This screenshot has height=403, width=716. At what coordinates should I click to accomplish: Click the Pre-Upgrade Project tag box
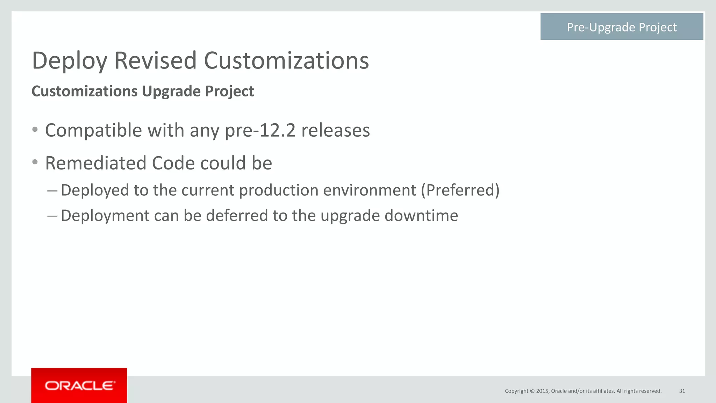pyautogui.click(x=621, y=27)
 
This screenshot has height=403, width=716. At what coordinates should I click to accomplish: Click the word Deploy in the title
pyautogui.click(x=70, y=61)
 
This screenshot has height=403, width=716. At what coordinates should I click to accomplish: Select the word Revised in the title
pyautogui.click(x=156, y=61)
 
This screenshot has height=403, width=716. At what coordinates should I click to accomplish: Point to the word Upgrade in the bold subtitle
pyautogui.click(x=171, y=91)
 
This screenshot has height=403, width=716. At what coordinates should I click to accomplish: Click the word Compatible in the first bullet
pyautogui.click(x=93, y=131)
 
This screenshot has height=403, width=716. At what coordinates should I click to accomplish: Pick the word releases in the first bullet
pyautogui.click(x=335, y=131)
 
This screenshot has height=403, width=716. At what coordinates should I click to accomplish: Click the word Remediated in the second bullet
pyautogui.click(x=95, y=163)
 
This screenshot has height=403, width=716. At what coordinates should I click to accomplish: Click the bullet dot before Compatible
pyautogui.click(x=35, y=130)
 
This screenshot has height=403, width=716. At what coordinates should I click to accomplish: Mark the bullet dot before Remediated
pyautogui.click(x=35, y=162)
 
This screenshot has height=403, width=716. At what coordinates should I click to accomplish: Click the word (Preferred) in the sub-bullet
pyautogui.click(x=460, y=190)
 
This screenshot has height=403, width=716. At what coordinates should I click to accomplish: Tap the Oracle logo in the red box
pyautogui.click(x=79, y=386)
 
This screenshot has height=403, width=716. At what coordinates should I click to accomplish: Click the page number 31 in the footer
pyautogui.click(x=682, y=391)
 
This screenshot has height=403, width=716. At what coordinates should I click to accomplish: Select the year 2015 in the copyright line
pyautogui.click(x=542, y=391)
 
